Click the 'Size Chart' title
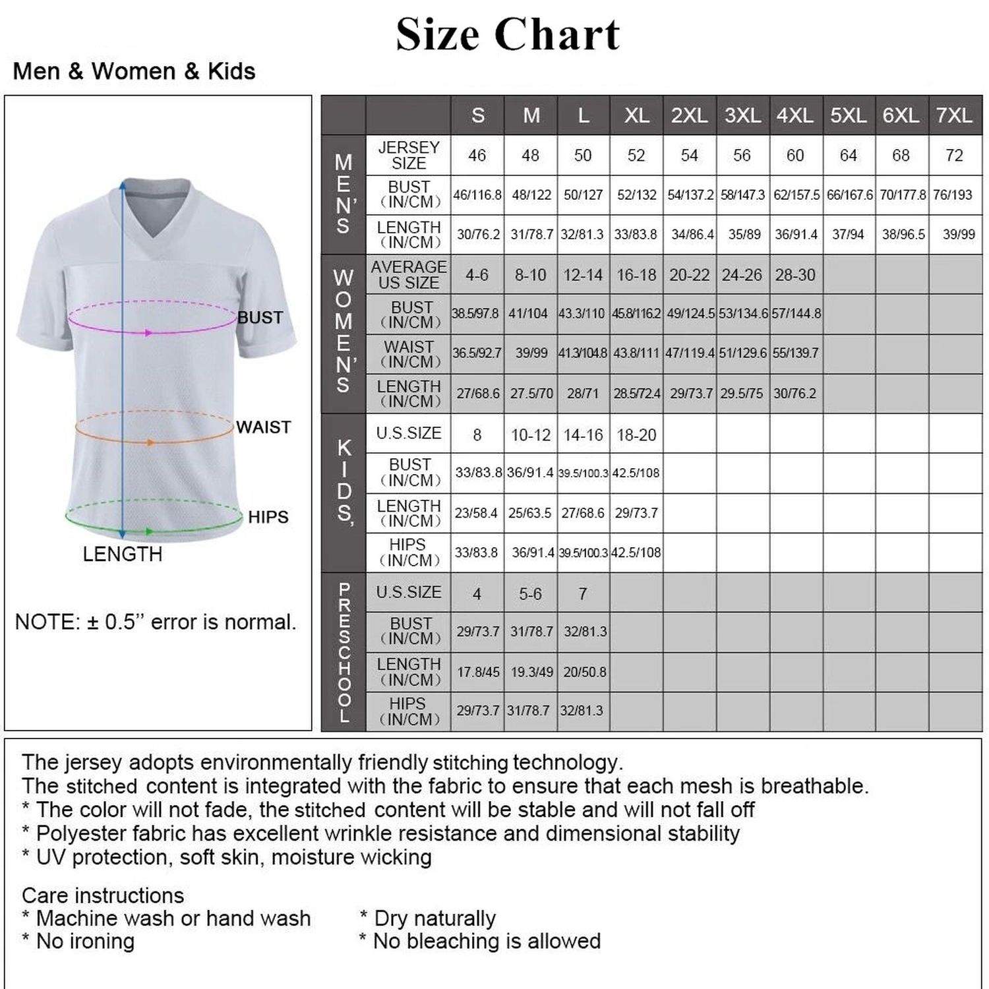pyautogui.click(x=507, y=34)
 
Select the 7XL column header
pyautogui.click(x=954, y=115)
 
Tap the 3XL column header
pyautogui.click(x=742, y=115)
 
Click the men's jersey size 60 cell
pyautogui.click(x=795, y=156)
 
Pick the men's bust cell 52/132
pyautogui.click(x=636, y=195)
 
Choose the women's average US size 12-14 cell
pyautogui.click(x=583, y=275)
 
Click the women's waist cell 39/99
pyautogui.click(x=531, y=353)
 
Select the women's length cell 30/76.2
pyautogui.click(x=794, y=394)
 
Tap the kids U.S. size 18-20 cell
pyautogui.click(x=636, y=435)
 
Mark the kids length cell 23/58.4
pyautogui.click(x=476, y=513)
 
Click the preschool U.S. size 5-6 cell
pyautogui.click(x=530, y=594)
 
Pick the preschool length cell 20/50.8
pyautogui.click(x=584, y=672)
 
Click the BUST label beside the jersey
pyautogui.click(x=260, y=318)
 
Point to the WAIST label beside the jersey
pyautogui.click(x=263, y=427)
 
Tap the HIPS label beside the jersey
pyautogui.click(x=268, y=517)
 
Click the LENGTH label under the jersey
pyautogui.click(x=122, y=554)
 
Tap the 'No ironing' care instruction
pyautogui.click(x=84, y=942)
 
